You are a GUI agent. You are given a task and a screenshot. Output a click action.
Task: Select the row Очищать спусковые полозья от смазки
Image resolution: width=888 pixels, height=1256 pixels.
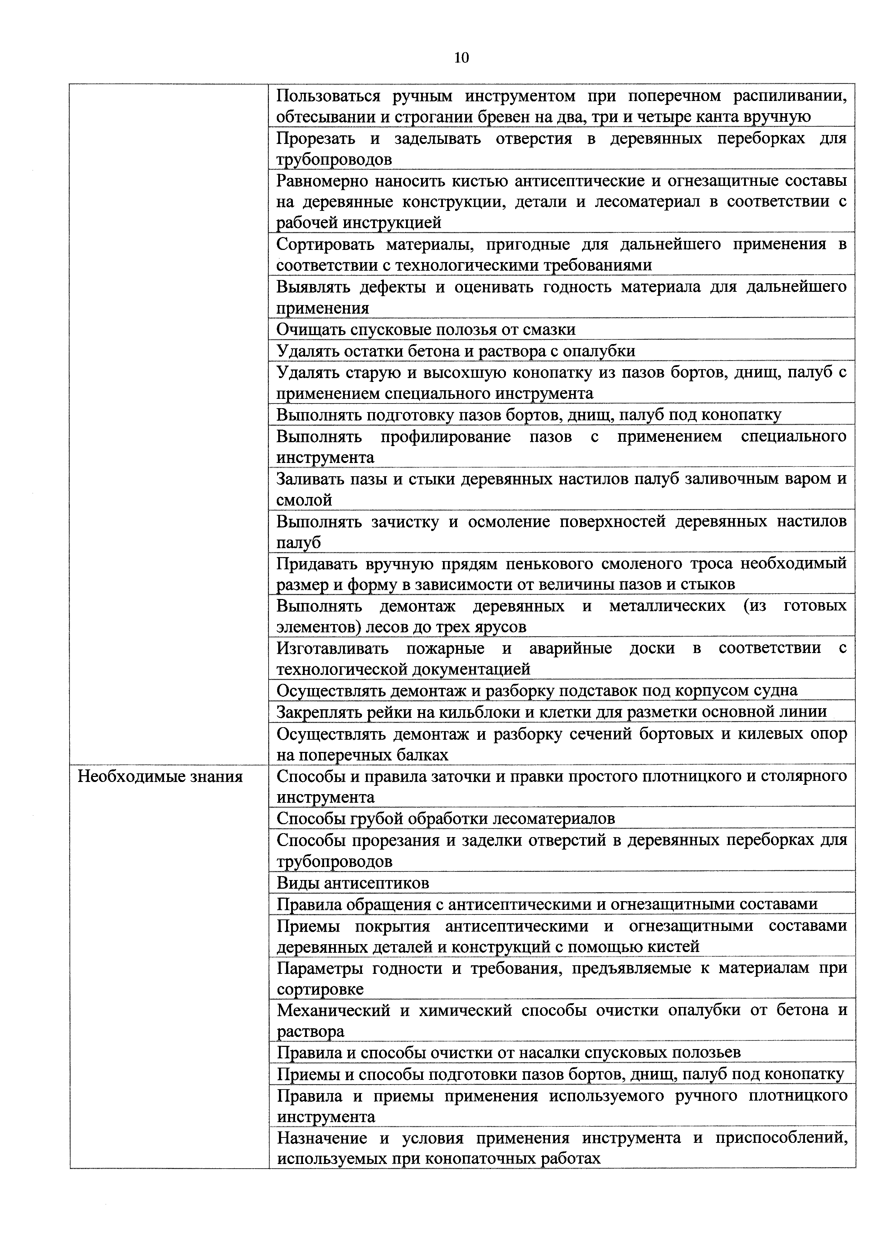426,329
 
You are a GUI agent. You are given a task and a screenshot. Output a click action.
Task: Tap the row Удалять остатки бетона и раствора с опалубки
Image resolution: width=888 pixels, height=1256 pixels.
456,351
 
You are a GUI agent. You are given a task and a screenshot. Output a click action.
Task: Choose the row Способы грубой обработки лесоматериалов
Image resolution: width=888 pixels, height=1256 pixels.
446,818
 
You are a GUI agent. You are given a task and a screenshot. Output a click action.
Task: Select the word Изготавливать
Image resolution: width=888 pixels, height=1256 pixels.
333,649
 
